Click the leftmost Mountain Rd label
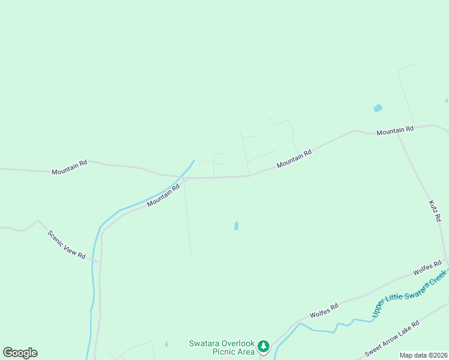(70, 167)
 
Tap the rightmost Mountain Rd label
(395, 130)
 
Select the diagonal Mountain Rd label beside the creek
(163, 196)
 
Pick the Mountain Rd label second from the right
(294, 158)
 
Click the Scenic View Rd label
(67, 244)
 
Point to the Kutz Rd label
(435, 212)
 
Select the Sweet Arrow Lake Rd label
(391, 339)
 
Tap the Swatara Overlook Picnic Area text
(221, 347)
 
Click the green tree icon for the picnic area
(263, 346)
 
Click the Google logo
(20, 353)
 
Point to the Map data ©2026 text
(423, 355)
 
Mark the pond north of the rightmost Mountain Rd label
(378, 109)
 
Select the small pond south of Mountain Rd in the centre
(236, 226)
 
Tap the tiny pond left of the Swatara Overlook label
(166, 344)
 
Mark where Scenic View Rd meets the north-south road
(100, 262)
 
